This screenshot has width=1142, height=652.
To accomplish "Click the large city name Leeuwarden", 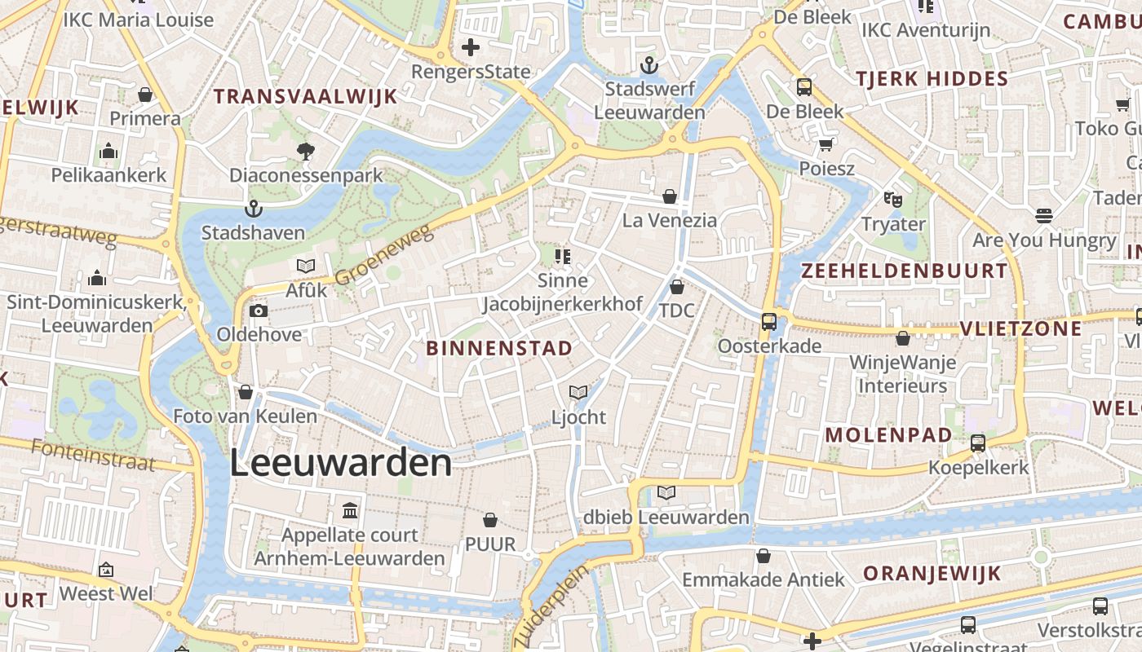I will [340, 463].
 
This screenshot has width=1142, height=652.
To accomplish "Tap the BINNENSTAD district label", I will [499, 349].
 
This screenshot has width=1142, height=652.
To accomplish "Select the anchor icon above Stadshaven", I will [253, 209].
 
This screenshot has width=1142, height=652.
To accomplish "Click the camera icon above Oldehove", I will [259, 311].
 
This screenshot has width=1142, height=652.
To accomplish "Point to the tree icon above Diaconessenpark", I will [306, 151].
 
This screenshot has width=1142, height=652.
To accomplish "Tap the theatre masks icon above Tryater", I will [893, 199].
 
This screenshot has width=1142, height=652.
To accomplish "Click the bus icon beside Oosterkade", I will [769, 321].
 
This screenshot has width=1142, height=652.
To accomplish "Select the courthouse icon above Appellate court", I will [350, 511].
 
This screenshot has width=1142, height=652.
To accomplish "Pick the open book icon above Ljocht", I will [578, 393].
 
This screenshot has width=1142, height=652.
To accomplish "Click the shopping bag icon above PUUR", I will [490, 519].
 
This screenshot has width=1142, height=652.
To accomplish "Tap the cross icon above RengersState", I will [471, 47].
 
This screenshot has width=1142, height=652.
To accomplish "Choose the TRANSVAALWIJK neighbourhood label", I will [305, 96].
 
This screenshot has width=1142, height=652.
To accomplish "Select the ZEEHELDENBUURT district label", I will [904, 271].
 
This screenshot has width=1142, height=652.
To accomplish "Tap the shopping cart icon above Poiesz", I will [826, 145].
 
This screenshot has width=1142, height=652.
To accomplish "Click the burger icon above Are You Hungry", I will [1043, 216].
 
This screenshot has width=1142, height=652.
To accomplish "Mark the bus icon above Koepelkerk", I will [978, 443].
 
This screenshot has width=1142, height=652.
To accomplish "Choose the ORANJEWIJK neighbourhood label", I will [932, 574].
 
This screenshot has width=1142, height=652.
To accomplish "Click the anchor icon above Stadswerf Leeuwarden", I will [649, 64].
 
